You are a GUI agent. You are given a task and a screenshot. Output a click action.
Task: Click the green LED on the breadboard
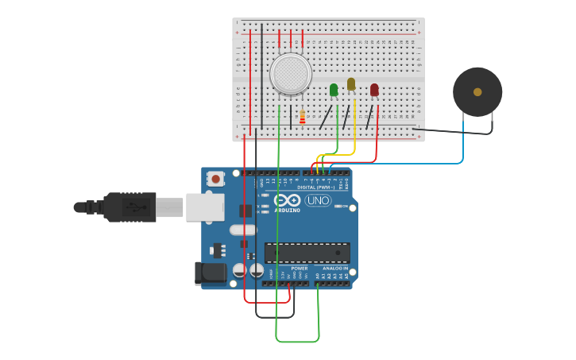tap(334, 90)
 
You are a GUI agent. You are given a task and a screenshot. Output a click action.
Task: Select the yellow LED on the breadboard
tap(351, 83)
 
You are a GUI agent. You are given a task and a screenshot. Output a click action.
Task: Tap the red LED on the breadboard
tap(374, 90)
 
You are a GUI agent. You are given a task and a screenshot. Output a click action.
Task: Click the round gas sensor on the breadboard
tap(290, 74)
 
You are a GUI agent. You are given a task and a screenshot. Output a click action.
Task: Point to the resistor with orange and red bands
tap(302, 118)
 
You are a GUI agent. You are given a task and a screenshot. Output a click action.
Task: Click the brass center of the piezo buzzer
tap(477, 92)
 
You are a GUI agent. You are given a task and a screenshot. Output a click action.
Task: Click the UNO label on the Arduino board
tap(318, 200)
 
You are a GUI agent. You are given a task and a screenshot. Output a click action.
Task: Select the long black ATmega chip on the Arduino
tap(307, 253)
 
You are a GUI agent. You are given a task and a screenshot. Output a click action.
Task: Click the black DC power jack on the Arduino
tap(210, 273)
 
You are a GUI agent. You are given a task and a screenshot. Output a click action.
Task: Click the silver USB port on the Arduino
tap(204, 207)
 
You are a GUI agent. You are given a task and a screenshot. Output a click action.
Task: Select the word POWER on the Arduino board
tap(300, 269)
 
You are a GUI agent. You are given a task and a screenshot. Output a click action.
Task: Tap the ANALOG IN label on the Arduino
tap(334, 269)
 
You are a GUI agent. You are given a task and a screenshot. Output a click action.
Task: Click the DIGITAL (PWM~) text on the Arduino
tap(316, 187)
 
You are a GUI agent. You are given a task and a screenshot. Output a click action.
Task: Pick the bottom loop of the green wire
tap(297, 342)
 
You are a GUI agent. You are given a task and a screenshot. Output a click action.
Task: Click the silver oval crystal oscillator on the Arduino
tap(244, 230)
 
